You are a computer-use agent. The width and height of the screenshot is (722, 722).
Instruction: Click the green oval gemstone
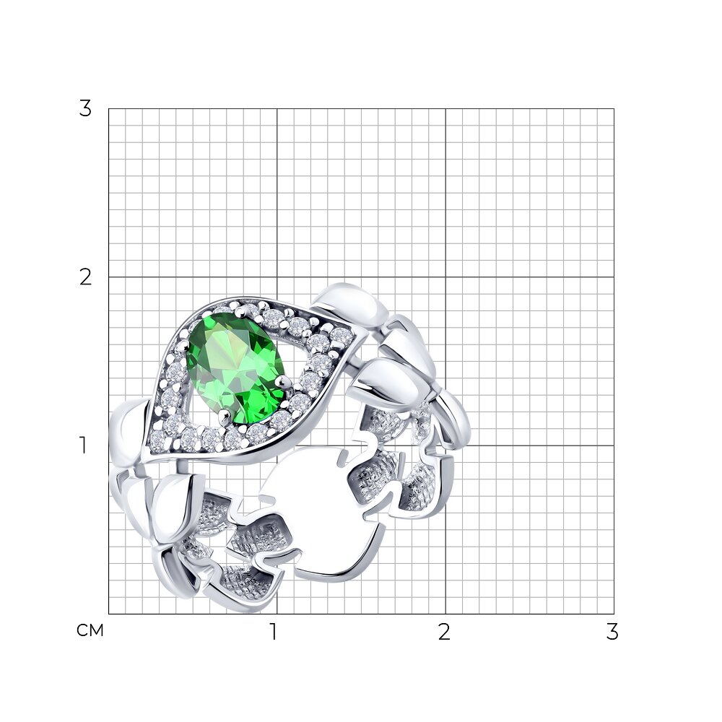point(235,368)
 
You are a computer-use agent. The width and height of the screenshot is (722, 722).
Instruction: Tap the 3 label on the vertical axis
point(85,109)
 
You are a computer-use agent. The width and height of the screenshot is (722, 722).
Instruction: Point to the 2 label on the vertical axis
point(85,277)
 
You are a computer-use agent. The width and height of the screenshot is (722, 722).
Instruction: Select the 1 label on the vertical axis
point(83,445)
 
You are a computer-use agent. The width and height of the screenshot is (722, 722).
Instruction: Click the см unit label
point(90,630)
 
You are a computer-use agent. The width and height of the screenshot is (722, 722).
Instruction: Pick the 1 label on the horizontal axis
point(274,632)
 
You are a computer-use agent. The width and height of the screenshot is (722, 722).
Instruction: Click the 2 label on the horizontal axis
point(444,632)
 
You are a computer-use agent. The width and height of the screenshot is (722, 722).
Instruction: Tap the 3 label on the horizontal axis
point(612,632)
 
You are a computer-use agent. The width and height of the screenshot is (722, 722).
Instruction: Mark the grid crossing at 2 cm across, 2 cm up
point(445,277)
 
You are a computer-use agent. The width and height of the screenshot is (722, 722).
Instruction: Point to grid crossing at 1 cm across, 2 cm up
point(277,277)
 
